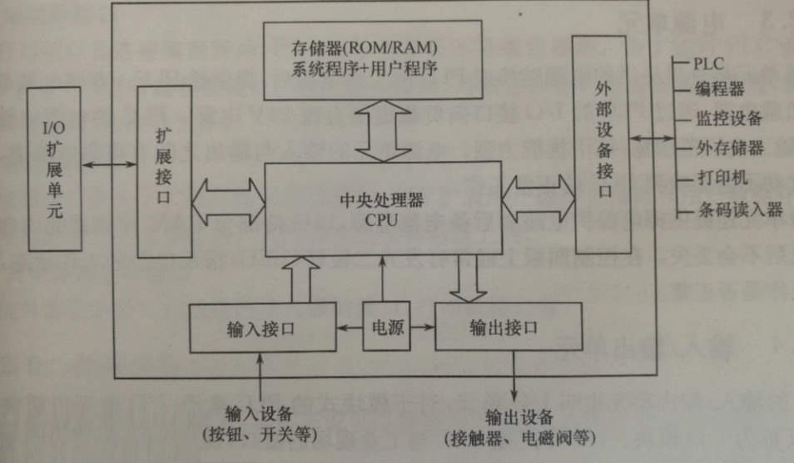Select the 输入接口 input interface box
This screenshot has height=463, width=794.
click(x=261, y=328)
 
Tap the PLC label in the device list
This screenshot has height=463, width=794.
click(x=709, y=63)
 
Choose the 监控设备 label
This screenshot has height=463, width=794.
click(x=727, y=118)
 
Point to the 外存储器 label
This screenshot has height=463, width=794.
click(x=729, y=149)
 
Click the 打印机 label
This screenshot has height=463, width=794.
click(x=721, y=178)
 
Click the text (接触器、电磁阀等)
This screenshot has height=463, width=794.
click(x=522, y=437)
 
